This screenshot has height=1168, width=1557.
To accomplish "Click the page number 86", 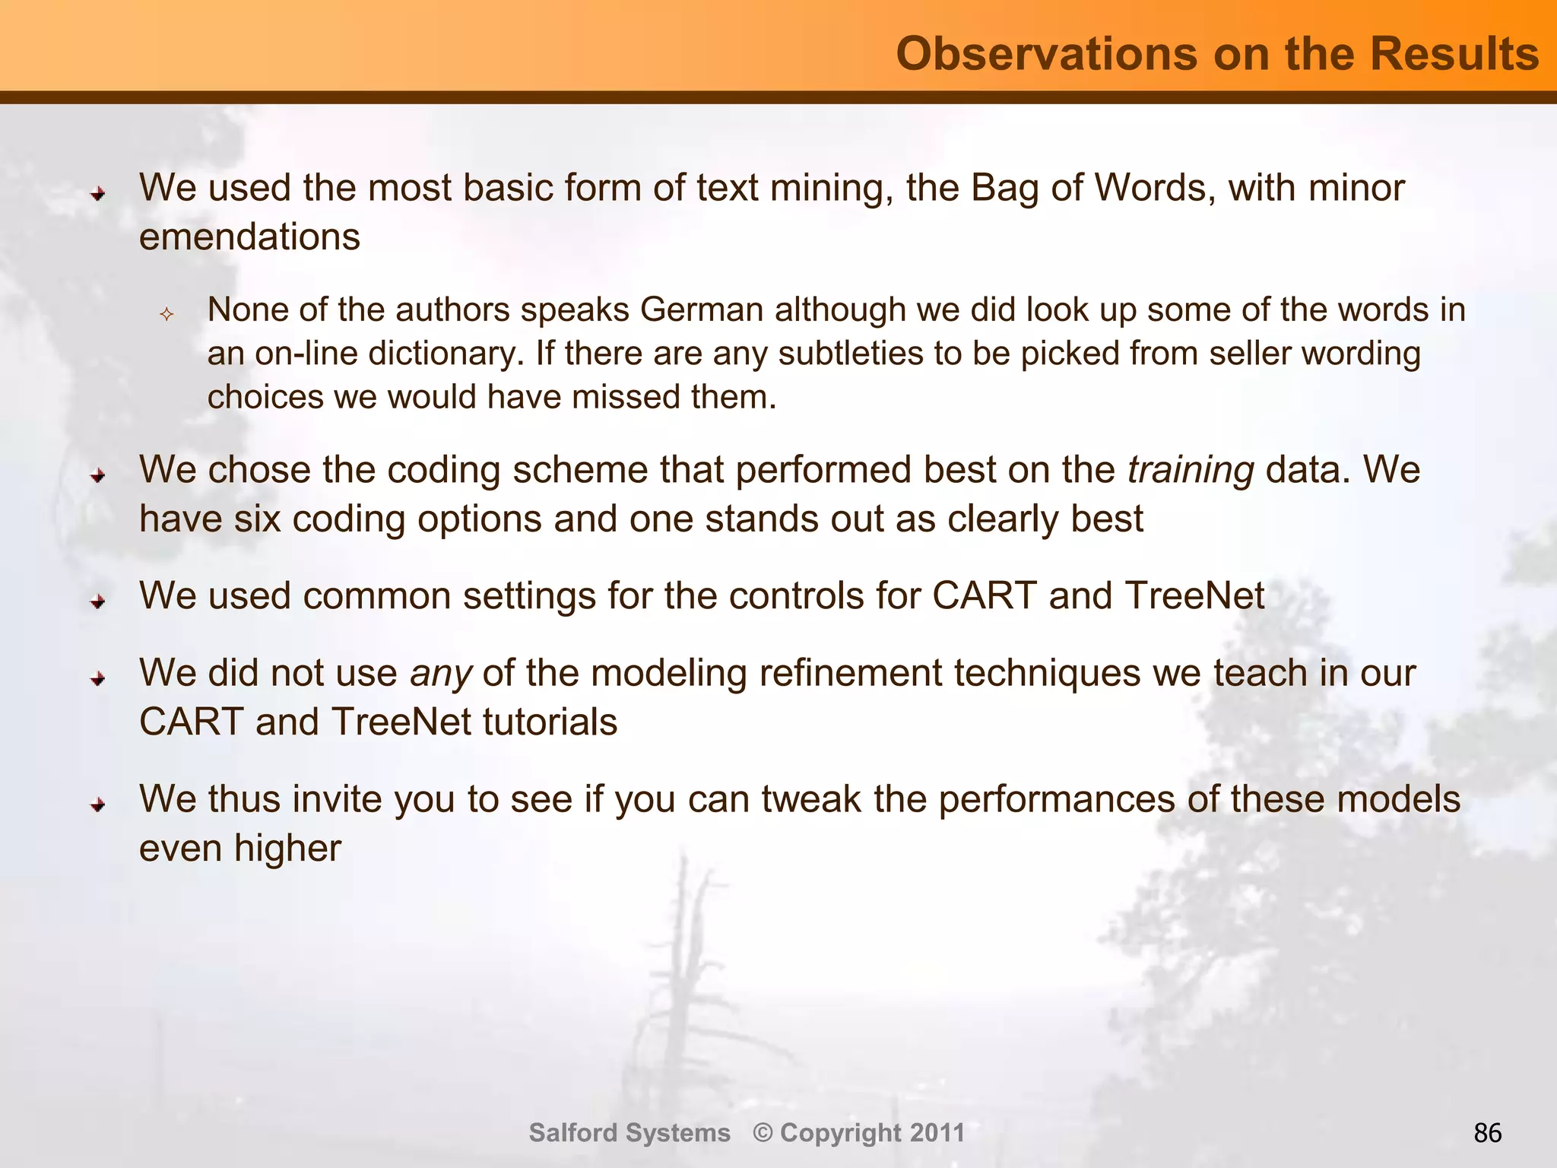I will pyautogui.click(x=1487, y=1133).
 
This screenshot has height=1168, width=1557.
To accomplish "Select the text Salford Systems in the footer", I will pyautogui.click(x=629, y=1132).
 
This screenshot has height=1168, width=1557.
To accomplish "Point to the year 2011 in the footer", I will pyautogui.click(x=937, y=1132).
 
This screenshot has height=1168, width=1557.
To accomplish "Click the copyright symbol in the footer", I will pyautogui.click(x=763, y=1132).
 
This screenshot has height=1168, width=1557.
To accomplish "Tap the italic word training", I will pyautogui.click(x=1191, y=469).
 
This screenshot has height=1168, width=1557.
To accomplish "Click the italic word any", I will pyautogui.click(x=441, y=673).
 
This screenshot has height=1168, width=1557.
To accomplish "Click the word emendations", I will pyautogui.click(x=249, y=236).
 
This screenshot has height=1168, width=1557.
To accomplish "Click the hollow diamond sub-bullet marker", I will pyautogui.click(x=166, y=313).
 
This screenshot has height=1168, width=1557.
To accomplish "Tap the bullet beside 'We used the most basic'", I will pyautogui.click(x=98, y=194).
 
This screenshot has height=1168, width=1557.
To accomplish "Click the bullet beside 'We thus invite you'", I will pyautogui.click(x=98, y=805).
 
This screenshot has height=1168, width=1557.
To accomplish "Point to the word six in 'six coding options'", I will pyautogui.click(x=257, y=519).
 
